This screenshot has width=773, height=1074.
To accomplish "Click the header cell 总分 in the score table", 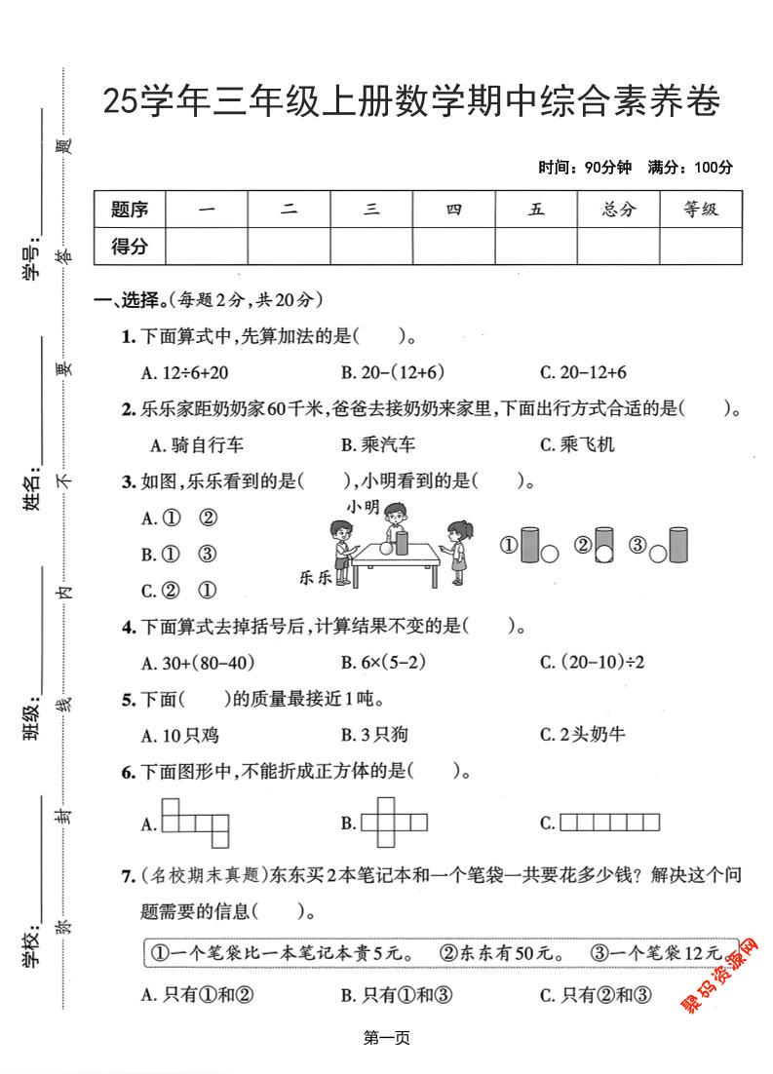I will point(618,210).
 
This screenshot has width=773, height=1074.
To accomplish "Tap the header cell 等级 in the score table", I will point(700,210).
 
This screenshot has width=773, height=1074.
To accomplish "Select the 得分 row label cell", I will point(130,247).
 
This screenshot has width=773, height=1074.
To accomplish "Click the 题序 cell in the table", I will point(130,210).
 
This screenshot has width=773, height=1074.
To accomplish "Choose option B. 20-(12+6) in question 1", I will point(393,372).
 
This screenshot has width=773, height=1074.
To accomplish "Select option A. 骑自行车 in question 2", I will point(193,445).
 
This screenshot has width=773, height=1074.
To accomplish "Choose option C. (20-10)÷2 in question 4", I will point(593,663).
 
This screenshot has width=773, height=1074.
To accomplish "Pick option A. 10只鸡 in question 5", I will point(180,734).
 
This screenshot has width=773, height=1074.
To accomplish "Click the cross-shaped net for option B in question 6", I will point(394,823).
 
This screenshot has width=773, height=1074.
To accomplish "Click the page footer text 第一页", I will point(386,1039).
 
